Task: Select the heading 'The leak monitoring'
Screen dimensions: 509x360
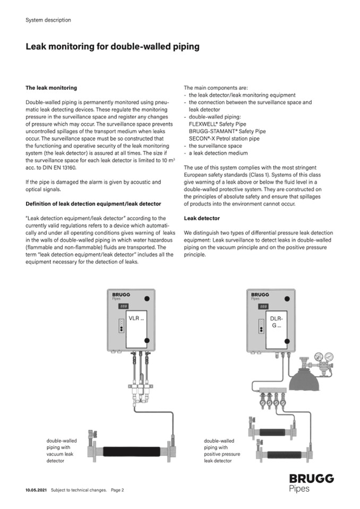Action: (x=51, y=88)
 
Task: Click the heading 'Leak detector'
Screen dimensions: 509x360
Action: (x=202, y=218)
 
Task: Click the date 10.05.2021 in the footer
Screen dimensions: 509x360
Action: (x=36, y=490)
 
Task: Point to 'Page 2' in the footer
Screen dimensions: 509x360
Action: (x=117, y=490)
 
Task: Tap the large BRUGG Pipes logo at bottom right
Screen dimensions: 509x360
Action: (x=311, y=483)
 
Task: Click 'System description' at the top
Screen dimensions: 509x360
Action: (x=48, y=20)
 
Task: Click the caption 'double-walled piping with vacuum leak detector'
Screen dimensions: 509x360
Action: (x=62, y=451)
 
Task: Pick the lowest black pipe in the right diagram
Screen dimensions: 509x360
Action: (x=286, y=455)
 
